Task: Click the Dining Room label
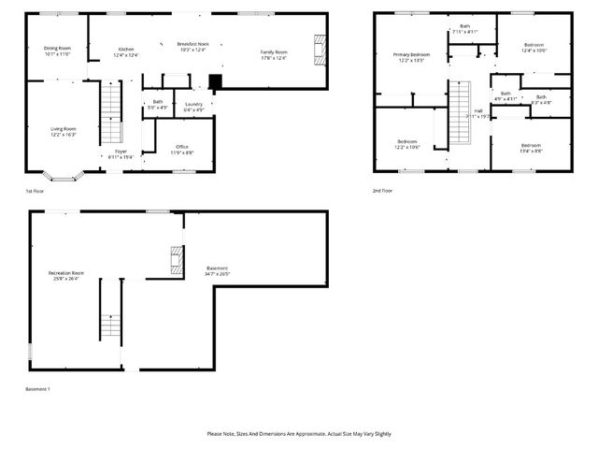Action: pos(58,48)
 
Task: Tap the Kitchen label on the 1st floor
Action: pos(126,50)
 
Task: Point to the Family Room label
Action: pos(274,52)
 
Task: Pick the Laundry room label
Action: pos(193,104)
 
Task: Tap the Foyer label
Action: pos(121,151)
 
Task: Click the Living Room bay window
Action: pos(65,175)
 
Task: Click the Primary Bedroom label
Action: pos(411,55)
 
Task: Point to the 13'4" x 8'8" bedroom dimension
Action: pos(531,151)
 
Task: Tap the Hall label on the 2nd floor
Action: pos(478,110)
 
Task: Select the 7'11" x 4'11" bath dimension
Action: pos(464,32)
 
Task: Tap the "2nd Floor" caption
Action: pos(381,191)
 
